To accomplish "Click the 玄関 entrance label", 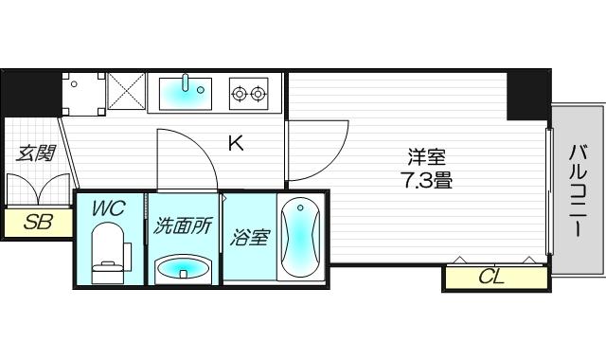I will [x=34, y=153].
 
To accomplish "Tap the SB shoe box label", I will [x=37, y=223].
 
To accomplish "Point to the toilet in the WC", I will [x=108, y=255].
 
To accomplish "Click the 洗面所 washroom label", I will [x=183, y=227].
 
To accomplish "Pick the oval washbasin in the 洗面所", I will [x=183, y=269].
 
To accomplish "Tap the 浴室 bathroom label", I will [x=249, y=237].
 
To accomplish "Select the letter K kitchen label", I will [x=236, y=144].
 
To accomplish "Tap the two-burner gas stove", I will [x=248, y=93].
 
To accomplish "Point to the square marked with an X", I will [x=126, y=92].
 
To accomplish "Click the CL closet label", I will [x=491, y=278].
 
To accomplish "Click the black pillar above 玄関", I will [x=30, y=93].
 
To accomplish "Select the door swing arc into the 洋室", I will [x=317, y=152].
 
